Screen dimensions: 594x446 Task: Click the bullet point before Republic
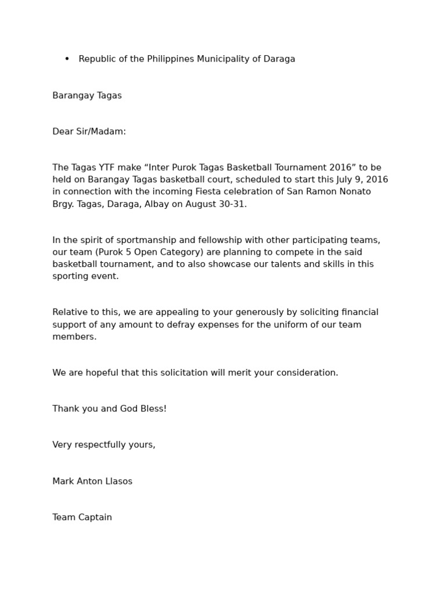tap(67, 59)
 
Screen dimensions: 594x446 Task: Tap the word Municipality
tap(224, 59)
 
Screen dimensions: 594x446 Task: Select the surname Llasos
tap(116, 481)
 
